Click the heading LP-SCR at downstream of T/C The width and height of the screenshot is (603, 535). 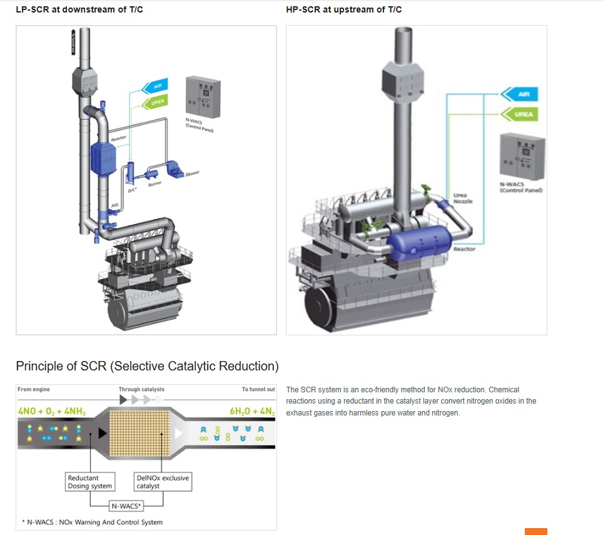tap(79, 9)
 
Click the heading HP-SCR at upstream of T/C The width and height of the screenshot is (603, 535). tap(344, 9)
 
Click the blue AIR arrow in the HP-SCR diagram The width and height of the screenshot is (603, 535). tap(520, 94)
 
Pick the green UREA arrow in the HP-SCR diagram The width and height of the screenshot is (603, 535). tap(520, 115)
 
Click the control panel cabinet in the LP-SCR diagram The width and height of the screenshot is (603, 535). tap(203, 97)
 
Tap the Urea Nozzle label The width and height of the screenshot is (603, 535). tap(463, 198)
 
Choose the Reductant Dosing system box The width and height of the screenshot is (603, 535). tap(90, 482)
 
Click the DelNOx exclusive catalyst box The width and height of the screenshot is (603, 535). tap(161, 482)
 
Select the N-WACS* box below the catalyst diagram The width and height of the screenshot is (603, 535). tap(126, 506)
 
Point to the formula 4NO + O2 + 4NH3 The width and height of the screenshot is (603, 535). tap(53, 412)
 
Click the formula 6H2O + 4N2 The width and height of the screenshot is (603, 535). tap(251, 412)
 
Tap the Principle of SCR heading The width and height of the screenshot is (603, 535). tap(147, 366)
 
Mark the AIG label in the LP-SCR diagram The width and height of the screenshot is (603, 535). tap(114, 205)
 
